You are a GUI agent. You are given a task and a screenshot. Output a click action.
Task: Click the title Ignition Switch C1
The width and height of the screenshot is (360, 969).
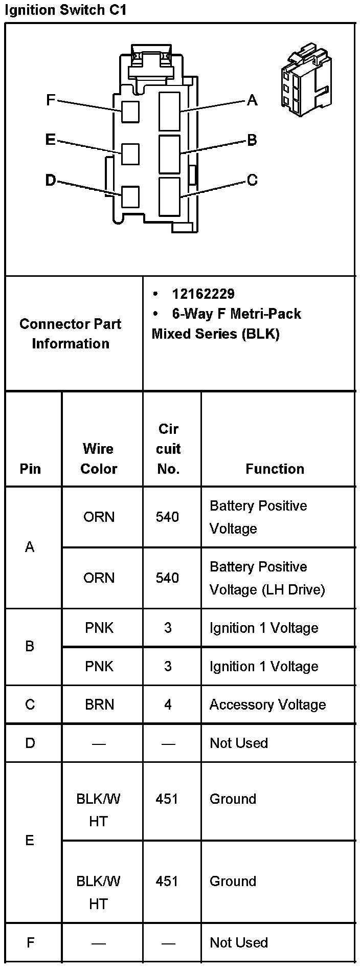65,10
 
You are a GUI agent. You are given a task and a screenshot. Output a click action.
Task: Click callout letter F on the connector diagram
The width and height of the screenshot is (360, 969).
50,100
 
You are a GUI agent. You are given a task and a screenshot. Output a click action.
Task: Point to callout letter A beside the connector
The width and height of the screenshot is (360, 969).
252,100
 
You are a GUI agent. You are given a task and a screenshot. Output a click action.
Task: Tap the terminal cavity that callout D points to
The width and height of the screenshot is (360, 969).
130,196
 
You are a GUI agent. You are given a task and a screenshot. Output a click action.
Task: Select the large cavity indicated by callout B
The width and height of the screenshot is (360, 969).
169,154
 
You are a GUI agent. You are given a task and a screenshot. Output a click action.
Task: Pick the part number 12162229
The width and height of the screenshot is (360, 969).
203,294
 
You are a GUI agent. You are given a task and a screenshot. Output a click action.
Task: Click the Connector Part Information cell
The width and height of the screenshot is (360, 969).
71,334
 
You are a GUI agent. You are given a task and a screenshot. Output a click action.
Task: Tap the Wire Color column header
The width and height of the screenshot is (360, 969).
99,458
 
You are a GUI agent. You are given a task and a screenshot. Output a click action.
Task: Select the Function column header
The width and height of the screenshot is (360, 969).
275,469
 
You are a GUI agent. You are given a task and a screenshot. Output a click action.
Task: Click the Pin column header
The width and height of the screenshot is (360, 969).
30,469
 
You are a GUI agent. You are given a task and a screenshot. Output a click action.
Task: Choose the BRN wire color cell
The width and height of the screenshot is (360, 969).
99,704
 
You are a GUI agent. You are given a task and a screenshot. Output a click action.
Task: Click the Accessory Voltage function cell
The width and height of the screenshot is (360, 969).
267,704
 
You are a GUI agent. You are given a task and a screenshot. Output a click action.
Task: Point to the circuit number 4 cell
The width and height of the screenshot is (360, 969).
168,704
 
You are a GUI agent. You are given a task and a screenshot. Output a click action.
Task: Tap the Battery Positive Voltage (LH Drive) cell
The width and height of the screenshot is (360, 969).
267,578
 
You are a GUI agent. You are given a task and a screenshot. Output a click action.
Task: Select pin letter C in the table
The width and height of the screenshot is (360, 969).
30,704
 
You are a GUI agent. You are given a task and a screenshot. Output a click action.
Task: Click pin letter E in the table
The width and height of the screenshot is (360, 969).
30,840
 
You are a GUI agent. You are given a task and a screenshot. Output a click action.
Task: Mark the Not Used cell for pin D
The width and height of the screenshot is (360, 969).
239,743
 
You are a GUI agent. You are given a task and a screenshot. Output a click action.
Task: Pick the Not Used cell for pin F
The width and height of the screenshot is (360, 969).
239,942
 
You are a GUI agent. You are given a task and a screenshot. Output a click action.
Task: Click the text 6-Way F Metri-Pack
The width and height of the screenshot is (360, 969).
236,314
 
